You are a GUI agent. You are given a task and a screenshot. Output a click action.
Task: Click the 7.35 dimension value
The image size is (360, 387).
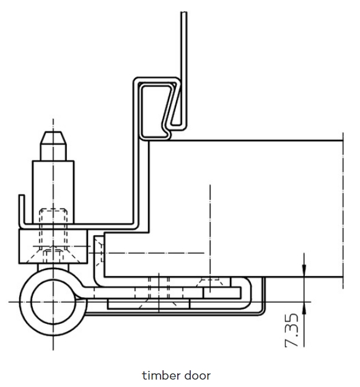292,330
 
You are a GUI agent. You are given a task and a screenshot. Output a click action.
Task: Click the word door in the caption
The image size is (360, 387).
198,375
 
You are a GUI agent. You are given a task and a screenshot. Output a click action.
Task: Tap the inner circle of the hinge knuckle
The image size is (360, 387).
53,302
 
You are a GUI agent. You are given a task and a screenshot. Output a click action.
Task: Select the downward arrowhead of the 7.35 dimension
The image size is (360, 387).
304,269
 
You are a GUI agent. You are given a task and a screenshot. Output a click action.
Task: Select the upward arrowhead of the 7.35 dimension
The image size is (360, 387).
304,308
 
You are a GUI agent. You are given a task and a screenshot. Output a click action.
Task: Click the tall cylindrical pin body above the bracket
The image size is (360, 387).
53,192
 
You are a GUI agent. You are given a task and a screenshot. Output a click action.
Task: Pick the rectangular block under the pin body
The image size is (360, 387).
53,246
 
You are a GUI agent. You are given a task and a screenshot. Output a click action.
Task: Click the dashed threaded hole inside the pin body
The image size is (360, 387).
53,228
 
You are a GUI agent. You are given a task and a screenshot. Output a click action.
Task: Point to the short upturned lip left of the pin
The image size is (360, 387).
22,210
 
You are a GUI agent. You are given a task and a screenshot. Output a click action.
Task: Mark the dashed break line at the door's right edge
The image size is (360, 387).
343,211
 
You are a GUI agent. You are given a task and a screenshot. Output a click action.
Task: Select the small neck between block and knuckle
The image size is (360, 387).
53,267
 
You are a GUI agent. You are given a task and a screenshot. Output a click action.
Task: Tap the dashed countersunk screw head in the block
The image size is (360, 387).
53,254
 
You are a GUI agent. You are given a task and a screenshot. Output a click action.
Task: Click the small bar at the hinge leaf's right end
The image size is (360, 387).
222,293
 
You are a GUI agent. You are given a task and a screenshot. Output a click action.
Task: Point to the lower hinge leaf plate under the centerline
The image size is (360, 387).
149,304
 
